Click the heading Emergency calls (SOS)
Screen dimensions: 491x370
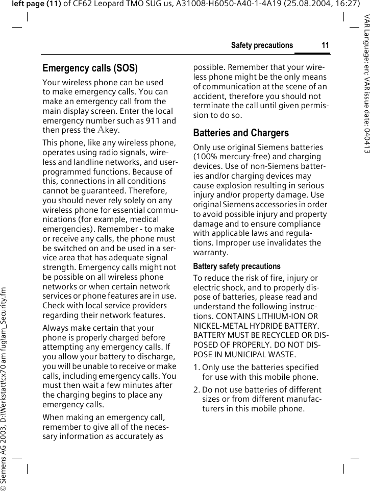click(x=90, y=68)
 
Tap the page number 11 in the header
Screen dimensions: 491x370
click(x=325, y=45)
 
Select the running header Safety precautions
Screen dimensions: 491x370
click(x=262, y=45)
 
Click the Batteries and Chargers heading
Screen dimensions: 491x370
click(x=241, y=133)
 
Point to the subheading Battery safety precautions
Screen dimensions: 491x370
click(x=237, y=266)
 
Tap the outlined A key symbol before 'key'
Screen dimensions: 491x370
click(x=101, y=130)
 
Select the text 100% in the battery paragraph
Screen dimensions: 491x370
click(x=205, y=157)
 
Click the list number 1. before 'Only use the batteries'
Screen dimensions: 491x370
click(x=196, y=367)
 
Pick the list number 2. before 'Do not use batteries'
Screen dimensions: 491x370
click(x=196, y=390)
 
